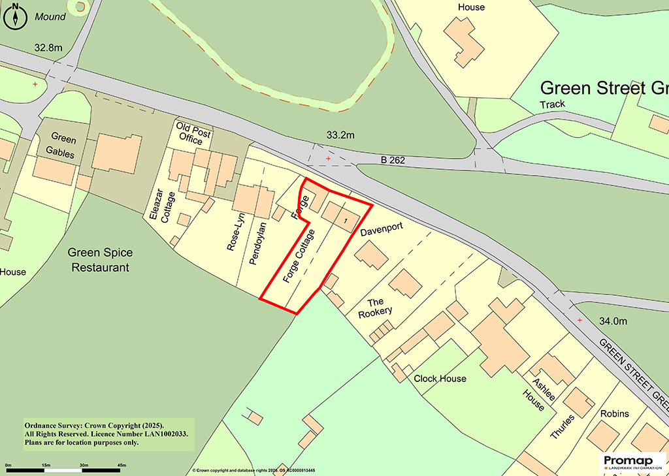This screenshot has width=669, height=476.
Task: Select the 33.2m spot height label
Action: tap(340, 136)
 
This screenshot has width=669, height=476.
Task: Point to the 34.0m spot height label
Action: tap(613, 321)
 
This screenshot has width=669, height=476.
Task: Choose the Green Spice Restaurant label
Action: tap(100, 260)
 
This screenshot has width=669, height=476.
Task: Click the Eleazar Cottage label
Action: tap(159, 208)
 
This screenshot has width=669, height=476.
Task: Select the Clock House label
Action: tap(440, 379)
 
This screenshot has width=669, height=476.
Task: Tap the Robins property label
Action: tap(614, 413)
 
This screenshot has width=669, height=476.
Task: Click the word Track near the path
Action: tap(552, 104)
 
